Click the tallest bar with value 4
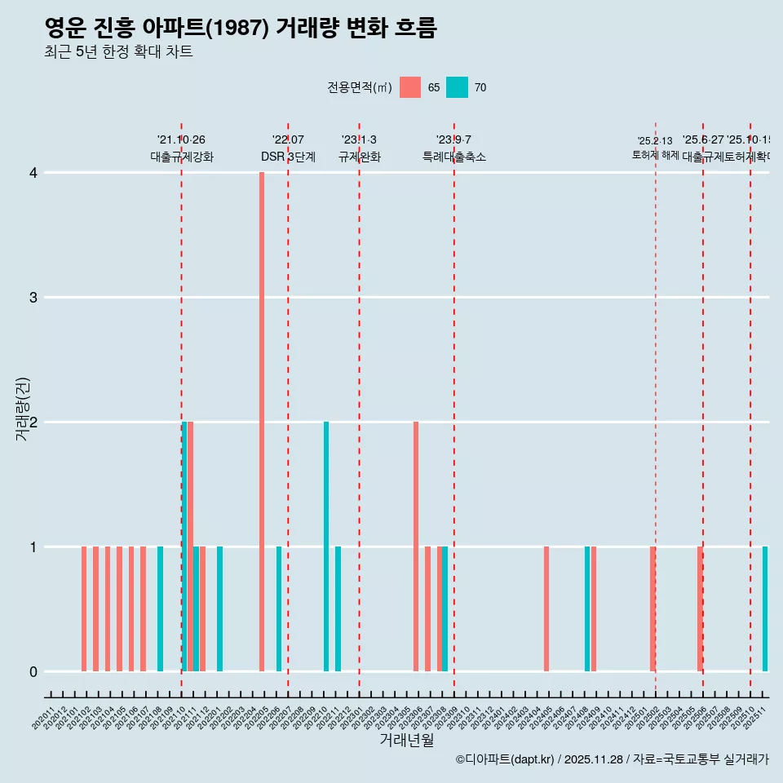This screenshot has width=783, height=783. [x=262, y=422]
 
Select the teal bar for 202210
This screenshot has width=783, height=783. [x=326, y=546]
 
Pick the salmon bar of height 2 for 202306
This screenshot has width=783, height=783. [x=416, y=546]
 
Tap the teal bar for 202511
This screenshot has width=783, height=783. [x=765, y=608]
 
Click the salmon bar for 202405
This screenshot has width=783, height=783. [x=546, y=608]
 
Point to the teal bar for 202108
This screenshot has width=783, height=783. [x=160, y=608]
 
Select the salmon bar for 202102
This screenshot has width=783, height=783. [x=84, y=608]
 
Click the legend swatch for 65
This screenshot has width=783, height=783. [x=410, y=87]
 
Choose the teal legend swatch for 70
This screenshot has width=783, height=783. [x=458, y=87]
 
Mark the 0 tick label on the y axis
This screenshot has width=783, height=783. [x=33, y=671]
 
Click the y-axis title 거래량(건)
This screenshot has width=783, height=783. [x=23, y=409]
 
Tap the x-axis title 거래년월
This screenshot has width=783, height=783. [x=406, y=740]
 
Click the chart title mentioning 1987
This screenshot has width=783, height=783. [x=241, y=29]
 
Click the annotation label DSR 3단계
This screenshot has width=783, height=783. [x=288, y=157]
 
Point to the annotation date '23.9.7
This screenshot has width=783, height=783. [x=453, y=140]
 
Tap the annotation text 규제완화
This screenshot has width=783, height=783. [x=360, y=157]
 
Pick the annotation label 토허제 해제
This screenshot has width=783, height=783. [x=656, y=155]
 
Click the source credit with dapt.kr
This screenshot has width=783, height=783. [x=612, y=759]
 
